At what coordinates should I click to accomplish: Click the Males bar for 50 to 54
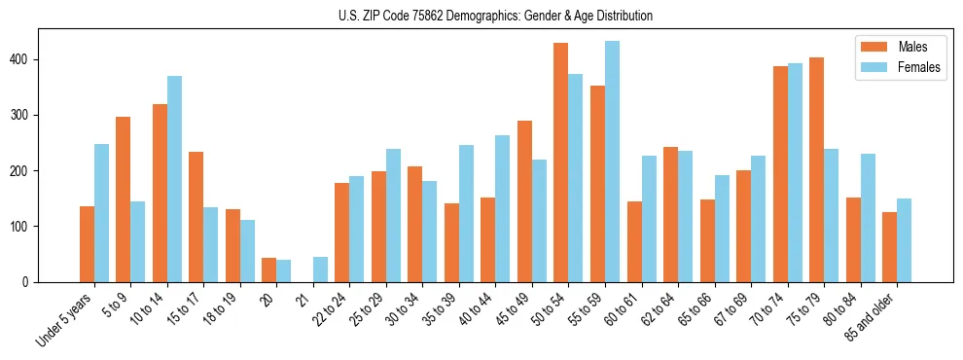coord(561,162)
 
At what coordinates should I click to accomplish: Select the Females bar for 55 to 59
coord(612,162)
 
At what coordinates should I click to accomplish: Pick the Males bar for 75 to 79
coord(816,169)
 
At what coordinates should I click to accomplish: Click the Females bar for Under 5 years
coord(101,213)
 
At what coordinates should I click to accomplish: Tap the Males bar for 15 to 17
coord(196,217)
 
